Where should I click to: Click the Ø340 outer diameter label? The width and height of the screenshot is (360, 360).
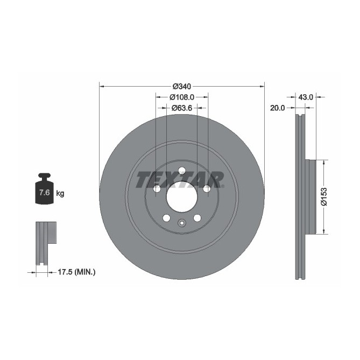pyautogui.click(x=182, y=86)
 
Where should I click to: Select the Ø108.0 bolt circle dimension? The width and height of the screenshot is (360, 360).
pyautogui.click(x=181, y=97)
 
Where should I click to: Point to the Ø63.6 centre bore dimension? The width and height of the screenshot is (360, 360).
pyautogui.click(x=182, y=108)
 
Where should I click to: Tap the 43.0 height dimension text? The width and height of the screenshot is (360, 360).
pyautogui.click(x=306, y=97)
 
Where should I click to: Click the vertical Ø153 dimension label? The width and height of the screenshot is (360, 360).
pyautogui.click(x=324, y=196)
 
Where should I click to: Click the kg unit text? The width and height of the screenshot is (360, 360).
pyautogui.click(x=60, y=193)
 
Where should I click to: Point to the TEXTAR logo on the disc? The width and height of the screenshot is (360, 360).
pyautogui.click(x=179, y=180)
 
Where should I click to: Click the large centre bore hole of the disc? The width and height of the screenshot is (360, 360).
pyautogui.click(x=182, y=197)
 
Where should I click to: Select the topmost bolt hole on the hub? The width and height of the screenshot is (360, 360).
pyautogui.click(x=182, y=171)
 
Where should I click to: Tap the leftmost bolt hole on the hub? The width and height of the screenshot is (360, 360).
pyautogui.click(x=157, y=189)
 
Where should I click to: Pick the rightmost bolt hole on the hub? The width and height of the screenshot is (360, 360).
pyautogui.click(x=207, y=188)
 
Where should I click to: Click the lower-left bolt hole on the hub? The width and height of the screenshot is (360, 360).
pyautogui.click(x=166, y=218)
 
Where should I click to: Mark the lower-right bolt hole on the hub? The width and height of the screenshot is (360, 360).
pyautogui.click(x=197, y=218)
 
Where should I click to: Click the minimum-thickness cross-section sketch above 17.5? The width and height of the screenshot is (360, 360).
pyautogui.click(x=46, y=242)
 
